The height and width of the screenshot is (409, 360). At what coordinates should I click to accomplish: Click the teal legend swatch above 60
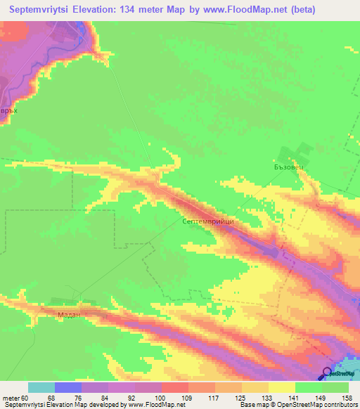click(x=41, y=387)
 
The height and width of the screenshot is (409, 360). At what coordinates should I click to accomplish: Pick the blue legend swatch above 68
click(x=68, y=387)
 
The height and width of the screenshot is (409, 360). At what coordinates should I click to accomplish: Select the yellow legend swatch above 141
click(x=282, y=387)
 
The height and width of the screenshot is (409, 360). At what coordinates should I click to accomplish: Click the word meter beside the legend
click(x=11, y=398)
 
